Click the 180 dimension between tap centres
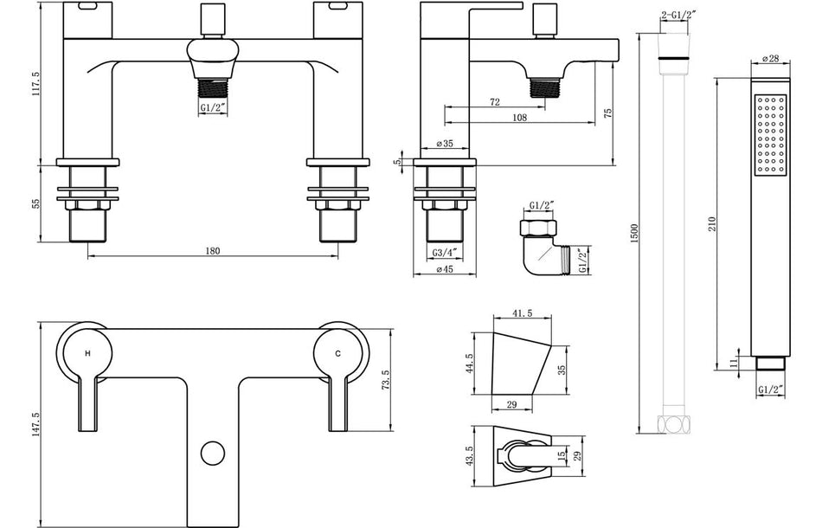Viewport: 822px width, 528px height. point(213,251)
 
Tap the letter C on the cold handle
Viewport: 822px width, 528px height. point(338,353)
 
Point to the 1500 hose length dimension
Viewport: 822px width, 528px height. point(633,235)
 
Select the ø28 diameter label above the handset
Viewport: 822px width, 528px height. point(768,58)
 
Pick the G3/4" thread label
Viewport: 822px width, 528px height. point(445,253)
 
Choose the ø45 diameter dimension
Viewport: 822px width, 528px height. point(445,269)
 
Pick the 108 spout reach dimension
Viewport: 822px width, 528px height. point(519,118)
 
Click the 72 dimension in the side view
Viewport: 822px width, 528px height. point(494,102)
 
